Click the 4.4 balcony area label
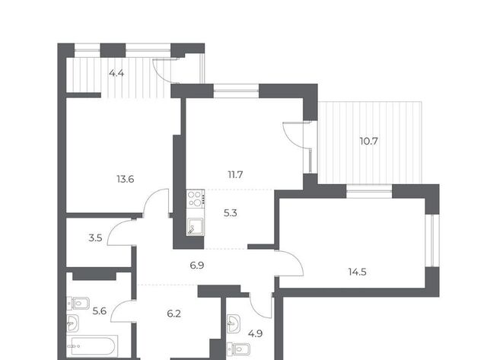pos(116,73)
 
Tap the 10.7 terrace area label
pos(368,142)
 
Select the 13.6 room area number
pos(125,179)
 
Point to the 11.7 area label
pos(235,175)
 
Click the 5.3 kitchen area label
pos(230,213)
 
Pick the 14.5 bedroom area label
pos(357,272)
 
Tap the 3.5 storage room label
pos(95,238)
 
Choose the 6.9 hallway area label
pos(197,266)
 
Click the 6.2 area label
pos(174,314)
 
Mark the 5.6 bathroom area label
pos(100,311)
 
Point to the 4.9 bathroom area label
pos(255,333)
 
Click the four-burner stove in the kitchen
pos(196,199)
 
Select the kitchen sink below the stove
pos(196,226)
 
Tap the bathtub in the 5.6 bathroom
pos(92,346)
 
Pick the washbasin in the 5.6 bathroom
pos(73,323)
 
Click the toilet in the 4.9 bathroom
pos(238,350)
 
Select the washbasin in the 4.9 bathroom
pos(233,323)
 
